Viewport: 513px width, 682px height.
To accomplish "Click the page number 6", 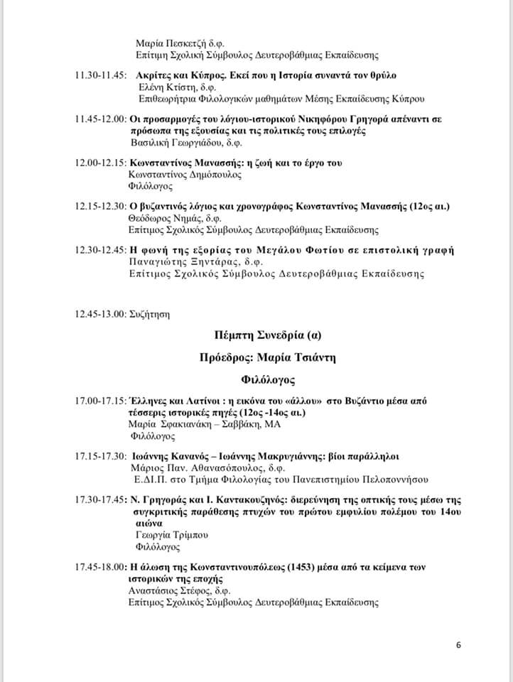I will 458,645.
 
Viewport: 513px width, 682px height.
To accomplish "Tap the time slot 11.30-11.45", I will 101,75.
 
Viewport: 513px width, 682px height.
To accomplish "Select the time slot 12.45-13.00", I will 101,313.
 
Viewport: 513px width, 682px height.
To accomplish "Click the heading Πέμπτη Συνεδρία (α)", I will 266,334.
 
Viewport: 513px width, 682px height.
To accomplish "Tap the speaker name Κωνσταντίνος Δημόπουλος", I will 185,174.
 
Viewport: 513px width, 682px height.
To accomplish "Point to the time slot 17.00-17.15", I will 100,401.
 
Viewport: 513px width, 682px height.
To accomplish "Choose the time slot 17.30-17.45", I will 100,501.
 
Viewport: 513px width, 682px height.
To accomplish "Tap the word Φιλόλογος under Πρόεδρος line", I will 266,380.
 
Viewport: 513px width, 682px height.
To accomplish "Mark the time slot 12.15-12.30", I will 101,207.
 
